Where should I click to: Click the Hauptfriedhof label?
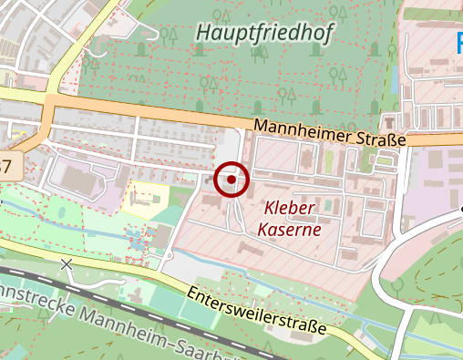(x=263, y=34)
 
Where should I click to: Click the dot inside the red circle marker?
(x=231, y=180)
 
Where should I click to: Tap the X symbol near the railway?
(x=66, y=264)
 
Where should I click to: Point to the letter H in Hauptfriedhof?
(x=203, y=34)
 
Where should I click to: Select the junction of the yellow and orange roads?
(x=50, y=98)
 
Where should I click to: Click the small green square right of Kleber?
(x=328, y=206)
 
